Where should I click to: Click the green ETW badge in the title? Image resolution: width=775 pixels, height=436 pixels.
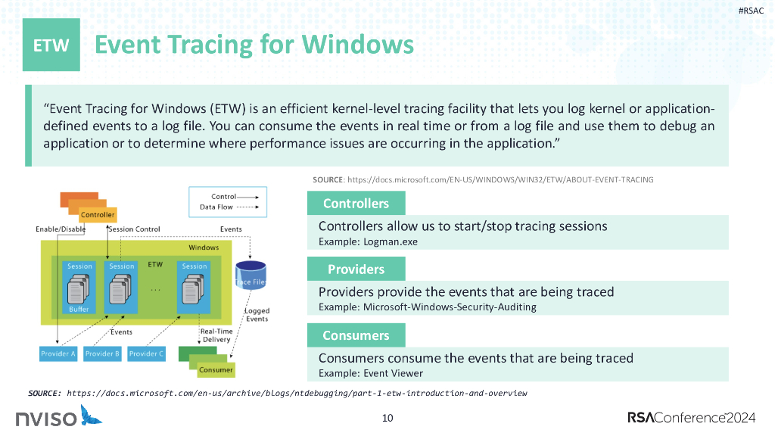pos(51,45)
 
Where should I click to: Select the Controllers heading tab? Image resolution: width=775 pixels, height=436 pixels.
pos(356,203)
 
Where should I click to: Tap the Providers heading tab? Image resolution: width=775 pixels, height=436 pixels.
pos(356,269)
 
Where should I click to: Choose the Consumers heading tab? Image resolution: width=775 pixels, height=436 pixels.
pos(356,335)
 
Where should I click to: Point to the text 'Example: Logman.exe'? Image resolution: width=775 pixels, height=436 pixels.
pos(368,241)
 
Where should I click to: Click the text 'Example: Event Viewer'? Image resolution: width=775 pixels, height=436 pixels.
pos(371,373)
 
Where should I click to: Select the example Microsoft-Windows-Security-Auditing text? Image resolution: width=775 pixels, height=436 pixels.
pos(427,307)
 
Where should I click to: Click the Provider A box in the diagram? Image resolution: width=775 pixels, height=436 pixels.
pos(58,353)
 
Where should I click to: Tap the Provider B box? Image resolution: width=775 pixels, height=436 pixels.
pos(102,353)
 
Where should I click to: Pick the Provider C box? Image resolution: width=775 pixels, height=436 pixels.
pos(146,353)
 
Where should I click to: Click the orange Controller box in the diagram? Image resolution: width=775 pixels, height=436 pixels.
pos(98,214)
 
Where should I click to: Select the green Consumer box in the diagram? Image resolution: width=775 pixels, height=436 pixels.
pos(216,369)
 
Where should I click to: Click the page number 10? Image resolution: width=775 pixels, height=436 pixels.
pos(387,418)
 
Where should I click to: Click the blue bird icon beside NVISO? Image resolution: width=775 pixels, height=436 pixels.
pos(92,416)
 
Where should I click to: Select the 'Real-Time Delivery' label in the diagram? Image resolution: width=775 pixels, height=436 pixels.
pos(216,335)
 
